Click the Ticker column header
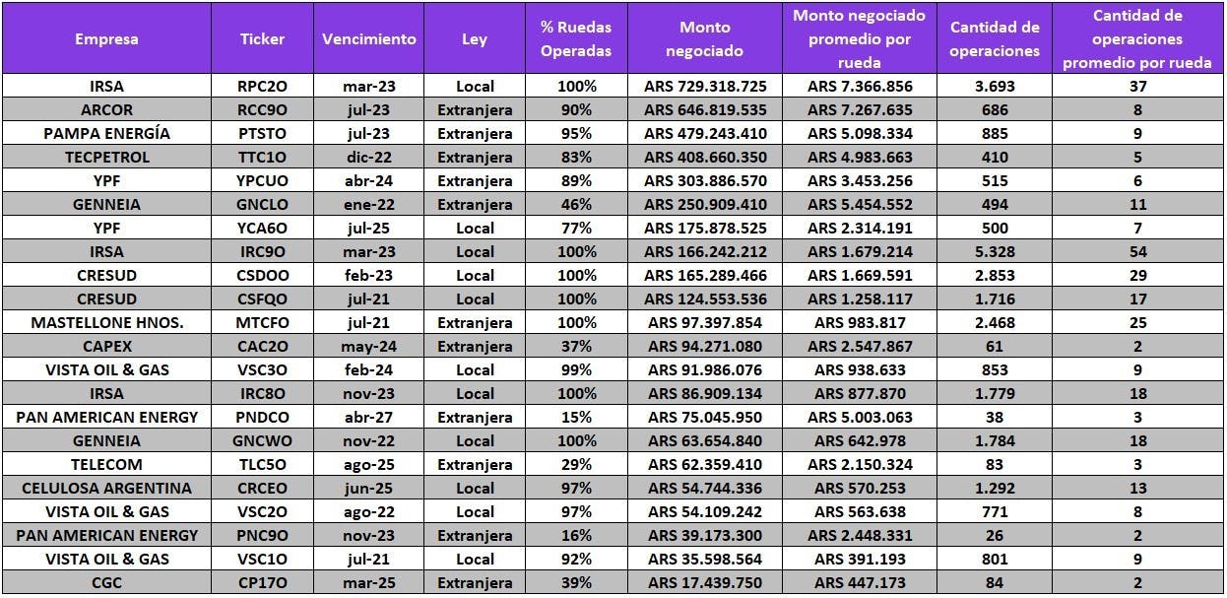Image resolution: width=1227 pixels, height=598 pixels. [262, 39]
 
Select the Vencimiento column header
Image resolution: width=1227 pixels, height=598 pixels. [368, 39]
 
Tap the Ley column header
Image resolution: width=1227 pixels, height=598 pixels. [475, 39]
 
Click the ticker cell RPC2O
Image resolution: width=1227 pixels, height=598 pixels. [262, 86]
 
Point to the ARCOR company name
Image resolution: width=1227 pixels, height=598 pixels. [106, 109]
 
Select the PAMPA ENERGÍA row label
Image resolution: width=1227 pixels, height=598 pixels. [106, 133]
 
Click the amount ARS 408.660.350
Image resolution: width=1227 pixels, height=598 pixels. [705, 157]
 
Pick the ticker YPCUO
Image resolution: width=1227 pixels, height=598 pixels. [262, 180]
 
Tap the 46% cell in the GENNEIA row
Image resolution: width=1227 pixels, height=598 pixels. [576, 204]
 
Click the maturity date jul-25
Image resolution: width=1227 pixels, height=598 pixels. [368, 228]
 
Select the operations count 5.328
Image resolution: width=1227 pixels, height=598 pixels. [995, 251]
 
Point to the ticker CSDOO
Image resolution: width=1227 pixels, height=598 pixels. [262, 275]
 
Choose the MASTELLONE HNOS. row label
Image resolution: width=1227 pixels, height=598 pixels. [106, 322]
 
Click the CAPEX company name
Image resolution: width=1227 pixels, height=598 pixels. [106, 346]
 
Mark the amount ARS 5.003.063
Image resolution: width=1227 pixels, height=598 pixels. [860, 417]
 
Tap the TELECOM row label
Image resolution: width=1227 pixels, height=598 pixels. [106, 464]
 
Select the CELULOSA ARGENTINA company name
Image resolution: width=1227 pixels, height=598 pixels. [106, 488]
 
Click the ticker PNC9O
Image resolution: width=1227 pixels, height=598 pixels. [262, 535]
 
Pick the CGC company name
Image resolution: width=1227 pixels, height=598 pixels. [106, 582]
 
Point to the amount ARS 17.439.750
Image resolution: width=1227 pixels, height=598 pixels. [705, 582]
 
